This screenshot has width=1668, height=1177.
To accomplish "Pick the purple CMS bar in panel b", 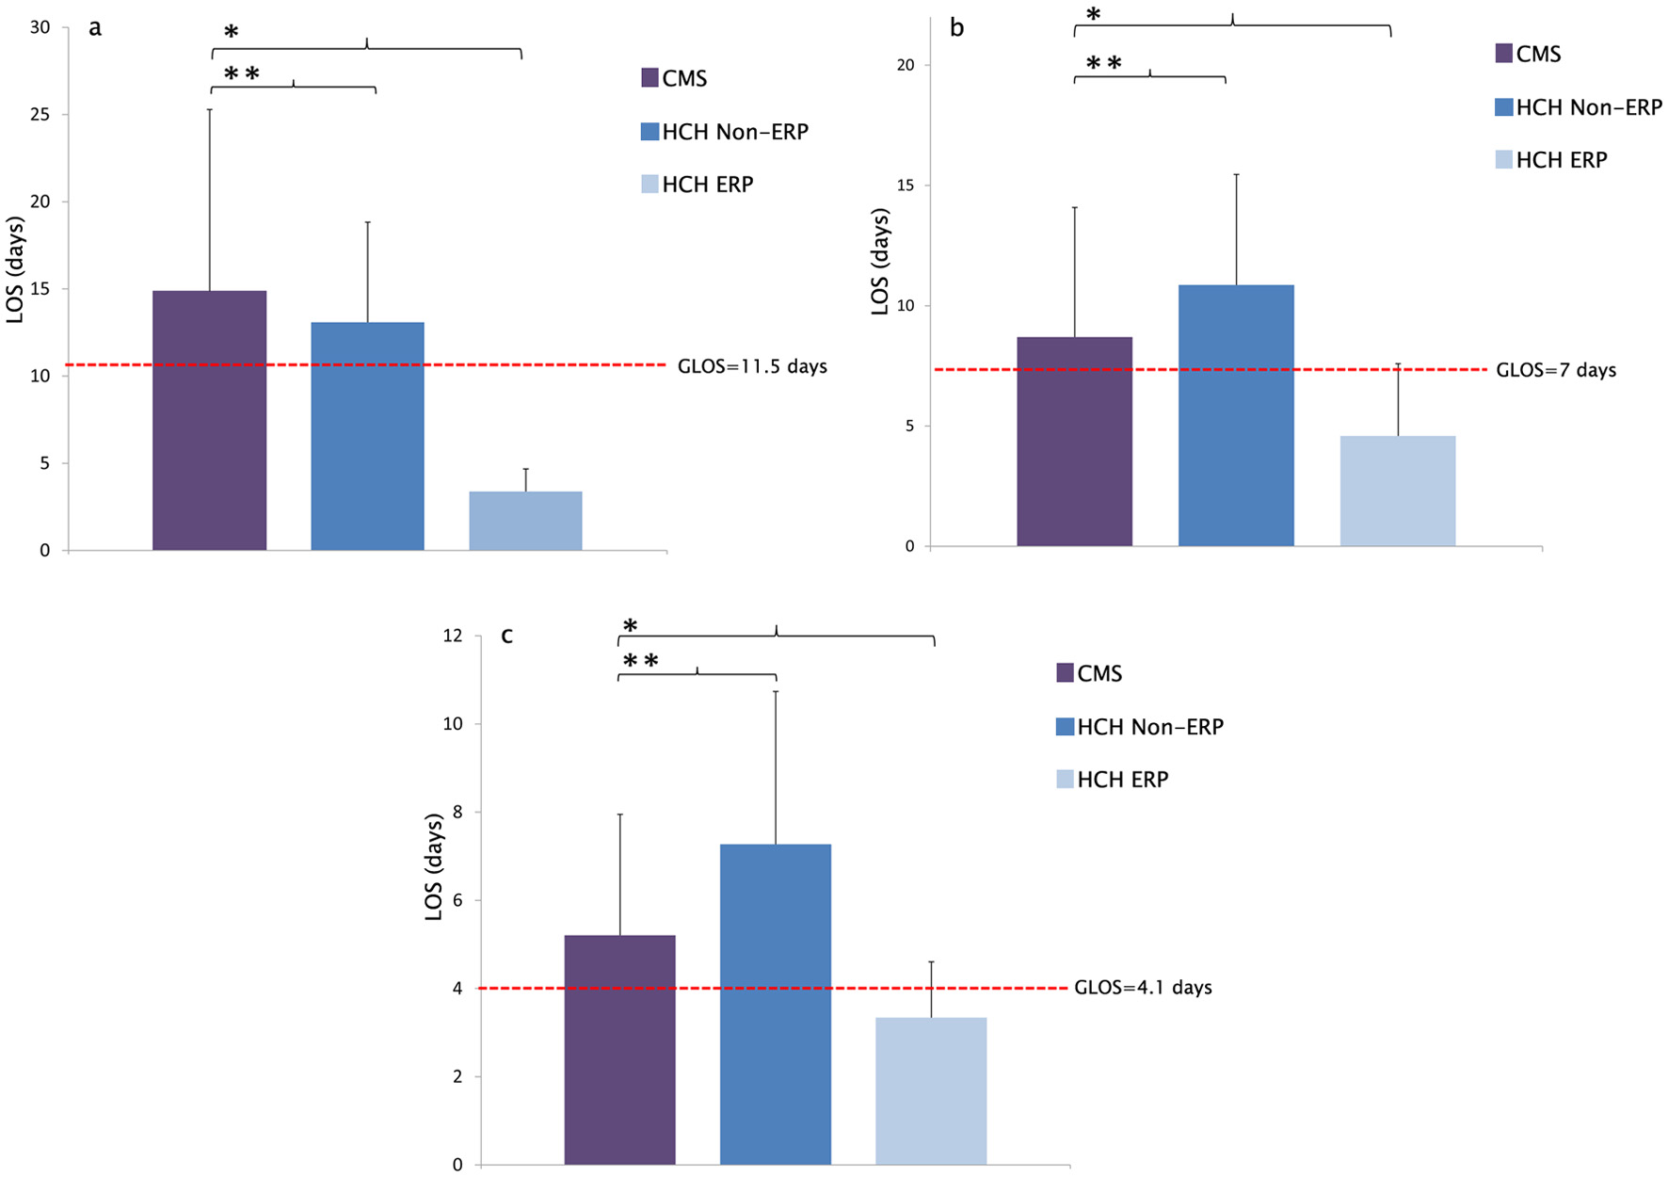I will pyautogui.click(x=1074, y=442).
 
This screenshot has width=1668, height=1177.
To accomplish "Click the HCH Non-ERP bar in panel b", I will pyautogui.click(x=1236, y=415).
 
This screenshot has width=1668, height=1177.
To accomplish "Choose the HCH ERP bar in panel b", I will pyautogui.click(x=1398, y=491).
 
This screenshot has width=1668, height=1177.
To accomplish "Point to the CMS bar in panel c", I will pyautogui.click(x=619, y=1049).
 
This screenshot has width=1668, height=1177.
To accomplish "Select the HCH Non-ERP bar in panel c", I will pyautogui.click(x=776, y=1004).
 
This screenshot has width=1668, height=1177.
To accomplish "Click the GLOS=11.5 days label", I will pyautogui.click(x=752, y=366).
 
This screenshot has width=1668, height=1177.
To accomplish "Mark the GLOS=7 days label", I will pyautogui.click(x=1556, y=370).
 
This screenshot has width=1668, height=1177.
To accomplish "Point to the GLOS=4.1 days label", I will pyautogui.click(x=1143, y=988).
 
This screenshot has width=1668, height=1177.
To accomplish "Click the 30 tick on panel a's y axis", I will pyautogui.click(x=40, y=27).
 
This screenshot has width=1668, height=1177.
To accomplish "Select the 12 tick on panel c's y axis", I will pyautogui.click(x=453, y=637).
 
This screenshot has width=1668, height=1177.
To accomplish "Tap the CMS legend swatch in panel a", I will pyautogui.click(x=650, y=78).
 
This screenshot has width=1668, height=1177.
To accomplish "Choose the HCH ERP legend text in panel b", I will pyautogui.click(x=1562, y=160).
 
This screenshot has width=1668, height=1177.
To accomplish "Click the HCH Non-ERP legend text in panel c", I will pyautogui.click(x=1150, y=727).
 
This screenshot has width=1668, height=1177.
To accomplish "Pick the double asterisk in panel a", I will pyautogui.click(x=241, y=74).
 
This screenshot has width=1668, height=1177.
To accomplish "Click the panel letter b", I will pyautogui.click(x=956, y=28).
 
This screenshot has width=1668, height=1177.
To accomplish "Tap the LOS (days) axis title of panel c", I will pyautogui.click(x=434, y=866).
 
